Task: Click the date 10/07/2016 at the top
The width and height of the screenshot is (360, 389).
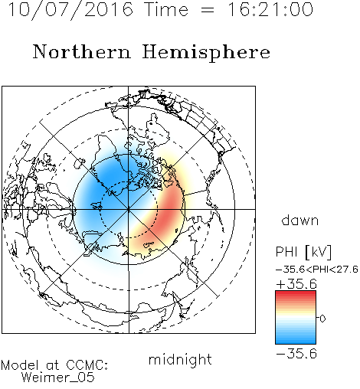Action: coord(70,10)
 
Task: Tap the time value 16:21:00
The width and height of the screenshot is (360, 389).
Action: coord(270,9)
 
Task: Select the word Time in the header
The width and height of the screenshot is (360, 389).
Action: coord(166,9)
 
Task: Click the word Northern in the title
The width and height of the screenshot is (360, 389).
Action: coord(82,51)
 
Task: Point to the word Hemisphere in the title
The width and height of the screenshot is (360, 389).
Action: coord(206,53)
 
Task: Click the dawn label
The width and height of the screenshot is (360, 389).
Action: coord(300,220)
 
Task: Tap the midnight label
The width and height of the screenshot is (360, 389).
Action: coord(180,360)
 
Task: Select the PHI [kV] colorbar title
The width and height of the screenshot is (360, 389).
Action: coord(303,252)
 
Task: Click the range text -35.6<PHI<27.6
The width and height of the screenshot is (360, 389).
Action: coord(317,270)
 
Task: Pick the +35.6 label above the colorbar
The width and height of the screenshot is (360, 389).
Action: coord(296,284)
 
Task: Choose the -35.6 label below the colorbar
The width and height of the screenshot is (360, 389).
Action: coord(296,354)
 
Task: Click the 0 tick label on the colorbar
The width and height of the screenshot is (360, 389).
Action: coord(322,319)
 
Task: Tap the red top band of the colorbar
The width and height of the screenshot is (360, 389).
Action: coord(296,294)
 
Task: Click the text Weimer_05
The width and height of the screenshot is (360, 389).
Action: coord(57,378)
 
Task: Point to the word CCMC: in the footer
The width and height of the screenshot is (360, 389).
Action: coord(87,365)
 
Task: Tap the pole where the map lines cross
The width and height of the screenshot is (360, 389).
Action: coord(129,209)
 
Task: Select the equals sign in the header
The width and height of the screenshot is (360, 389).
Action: coord(208,11)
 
